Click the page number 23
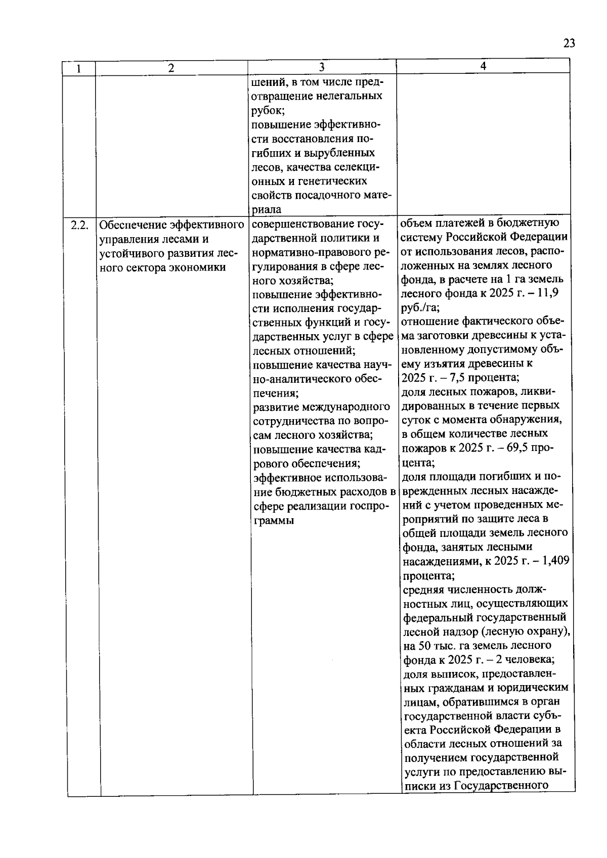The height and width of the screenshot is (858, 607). click(569, 43)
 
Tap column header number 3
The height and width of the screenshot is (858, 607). click(322, 67)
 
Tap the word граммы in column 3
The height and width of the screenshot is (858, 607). click(273, 520)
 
